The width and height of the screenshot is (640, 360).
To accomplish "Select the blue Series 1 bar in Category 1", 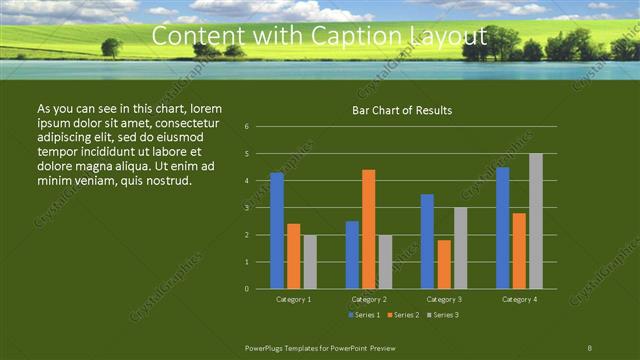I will point(277,230).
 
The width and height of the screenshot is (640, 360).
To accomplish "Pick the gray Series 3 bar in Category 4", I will point(536,221).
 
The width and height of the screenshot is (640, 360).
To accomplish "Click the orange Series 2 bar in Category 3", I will point(444,264).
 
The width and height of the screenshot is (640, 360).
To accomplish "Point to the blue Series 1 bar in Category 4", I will point(503,228).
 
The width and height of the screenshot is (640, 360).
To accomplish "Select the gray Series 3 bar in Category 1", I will point(310,262).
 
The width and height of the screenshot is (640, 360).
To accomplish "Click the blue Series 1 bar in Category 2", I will point(352,255).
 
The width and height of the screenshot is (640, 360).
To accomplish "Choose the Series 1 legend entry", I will point(362,315).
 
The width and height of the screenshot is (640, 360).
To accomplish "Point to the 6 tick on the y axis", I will point(247,127).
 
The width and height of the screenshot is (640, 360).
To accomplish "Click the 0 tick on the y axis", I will point(247,289).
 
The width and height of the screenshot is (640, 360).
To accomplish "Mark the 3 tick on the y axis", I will point(247,208).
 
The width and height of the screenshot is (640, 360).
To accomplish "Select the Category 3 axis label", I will point(444,299).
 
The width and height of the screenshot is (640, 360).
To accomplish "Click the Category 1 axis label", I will point(294,299).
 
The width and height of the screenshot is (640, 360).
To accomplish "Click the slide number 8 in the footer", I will point(590,346).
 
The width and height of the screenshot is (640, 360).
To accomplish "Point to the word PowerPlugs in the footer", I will point(268,346).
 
